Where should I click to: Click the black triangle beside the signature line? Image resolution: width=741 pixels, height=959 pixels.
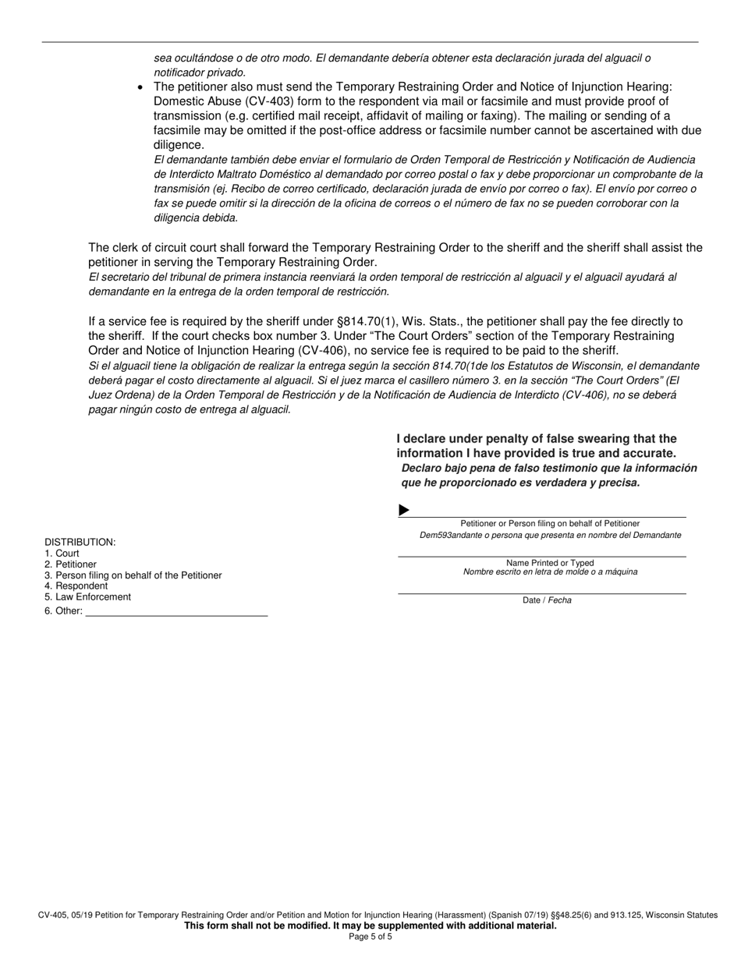(x=403, y=510)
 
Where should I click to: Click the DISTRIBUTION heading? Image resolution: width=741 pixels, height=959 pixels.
(x=80, y=542)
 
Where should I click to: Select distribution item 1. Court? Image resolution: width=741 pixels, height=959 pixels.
(x=62, y=553)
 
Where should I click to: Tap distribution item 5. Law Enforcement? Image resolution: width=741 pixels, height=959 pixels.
(x=87, y=596)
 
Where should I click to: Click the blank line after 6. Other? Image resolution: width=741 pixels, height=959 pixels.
(x=175, y=611)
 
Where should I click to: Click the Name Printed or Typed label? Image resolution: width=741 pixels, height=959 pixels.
(x=550, y=562)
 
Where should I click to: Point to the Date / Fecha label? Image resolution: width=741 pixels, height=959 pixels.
(x=547, y=600)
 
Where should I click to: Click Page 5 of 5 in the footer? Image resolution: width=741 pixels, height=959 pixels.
(x=370, y=936)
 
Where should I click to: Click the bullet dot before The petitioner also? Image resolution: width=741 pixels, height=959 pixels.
(x=140, y=87)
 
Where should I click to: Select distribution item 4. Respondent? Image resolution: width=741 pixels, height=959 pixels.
(x=76, y=586)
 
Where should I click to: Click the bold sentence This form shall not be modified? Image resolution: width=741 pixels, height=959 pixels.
(x=370, y=925)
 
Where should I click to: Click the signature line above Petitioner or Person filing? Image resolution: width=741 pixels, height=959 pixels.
(x=546, y=515)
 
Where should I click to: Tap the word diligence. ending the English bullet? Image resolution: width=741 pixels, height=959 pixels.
(x=179, y=145)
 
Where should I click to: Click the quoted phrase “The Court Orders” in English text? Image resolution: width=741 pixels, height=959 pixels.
(x=395, y=335)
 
